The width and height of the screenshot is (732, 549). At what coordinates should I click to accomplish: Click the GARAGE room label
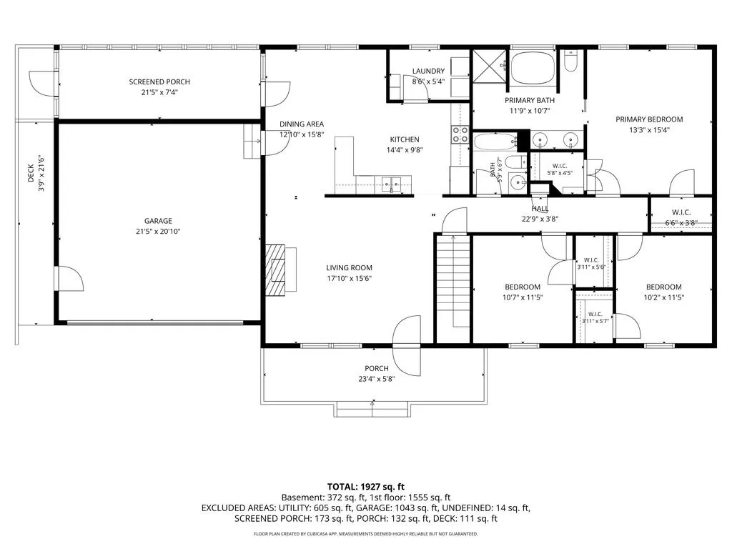158,221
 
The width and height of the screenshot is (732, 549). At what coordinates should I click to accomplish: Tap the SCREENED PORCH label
159,81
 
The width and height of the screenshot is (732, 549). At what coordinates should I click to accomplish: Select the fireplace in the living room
280,269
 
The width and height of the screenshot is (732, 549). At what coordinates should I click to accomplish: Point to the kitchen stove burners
460,134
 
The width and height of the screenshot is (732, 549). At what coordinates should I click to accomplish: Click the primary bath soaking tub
533,69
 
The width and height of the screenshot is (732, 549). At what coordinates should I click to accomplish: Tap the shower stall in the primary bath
489,66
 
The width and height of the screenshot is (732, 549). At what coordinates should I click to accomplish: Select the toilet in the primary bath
570,61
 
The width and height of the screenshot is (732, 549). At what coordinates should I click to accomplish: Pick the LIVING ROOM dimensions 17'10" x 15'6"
349,279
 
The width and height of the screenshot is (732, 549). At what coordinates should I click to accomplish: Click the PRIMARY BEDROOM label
649,119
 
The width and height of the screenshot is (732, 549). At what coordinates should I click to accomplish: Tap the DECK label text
30,173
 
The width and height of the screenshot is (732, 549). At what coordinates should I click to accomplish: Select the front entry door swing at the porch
407,345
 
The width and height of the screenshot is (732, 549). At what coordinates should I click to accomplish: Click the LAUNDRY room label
428,71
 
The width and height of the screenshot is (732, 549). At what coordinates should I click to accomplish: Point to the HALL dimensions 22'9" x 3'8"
540,219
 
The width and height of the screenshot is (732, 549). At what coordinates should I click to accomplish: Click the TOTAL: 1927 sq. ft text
365,487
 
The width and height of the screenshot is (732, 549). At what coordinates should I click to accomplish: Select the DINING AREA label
302,124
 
